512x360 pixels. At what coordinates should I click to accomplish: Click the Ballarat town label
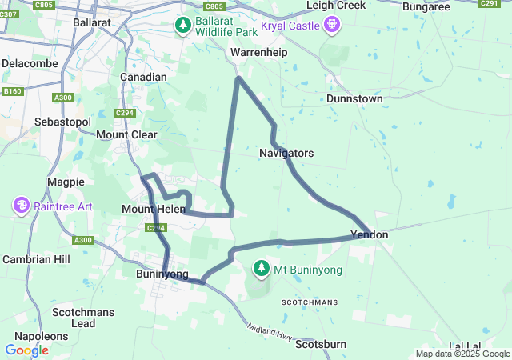pos(92,23)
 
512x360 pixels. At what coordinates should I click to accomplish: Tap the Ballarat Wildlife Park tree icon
pos(183,26)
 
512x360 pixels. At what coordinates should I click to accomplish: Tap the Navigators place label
pos(286,153)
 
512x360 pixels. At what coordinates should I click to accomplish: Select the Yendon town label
pos(369,235)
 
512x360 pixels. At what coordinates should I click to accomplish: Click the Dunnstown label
pos(354,98)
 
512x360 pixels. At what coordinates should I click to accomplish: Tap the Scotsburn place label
pos(321,345)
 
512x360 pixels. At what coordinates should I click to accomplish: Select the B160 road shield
pos(12,92)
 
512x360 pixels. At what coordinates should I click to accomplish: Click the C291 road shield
pos(490,4)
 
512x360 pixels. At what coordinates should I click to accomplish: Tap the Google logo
pos(26,350)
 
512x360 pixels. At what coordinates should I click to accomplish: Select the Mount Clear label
pos(126,134)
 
